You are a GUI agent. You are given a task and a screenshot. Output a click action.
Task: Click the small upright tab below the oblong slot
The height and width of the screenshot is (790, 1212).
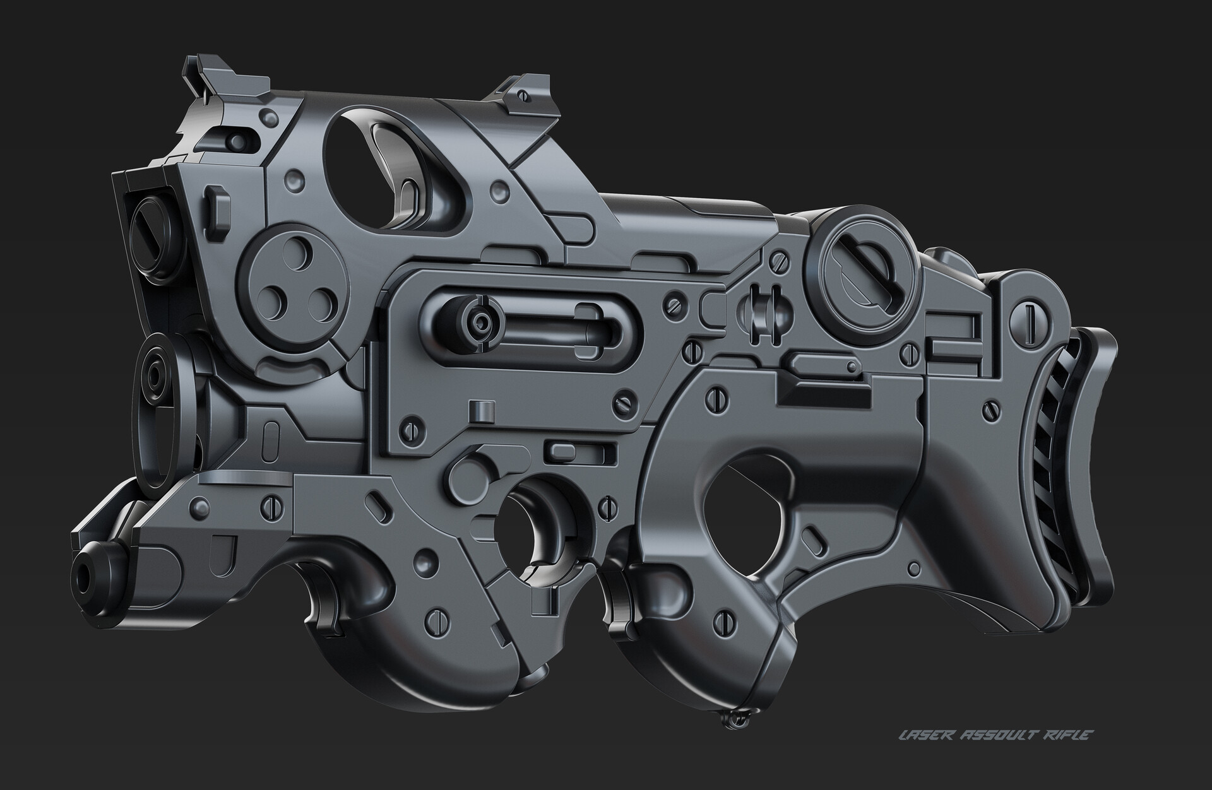coord(484,410)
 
